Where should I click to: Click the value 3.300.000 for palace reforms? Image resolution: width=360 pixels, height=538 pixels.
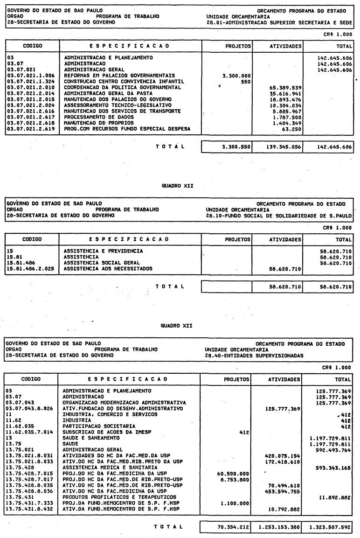[237, 75]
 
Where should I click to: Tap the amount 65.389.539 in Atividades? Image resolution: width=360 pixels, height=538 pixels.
[284, 87]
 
